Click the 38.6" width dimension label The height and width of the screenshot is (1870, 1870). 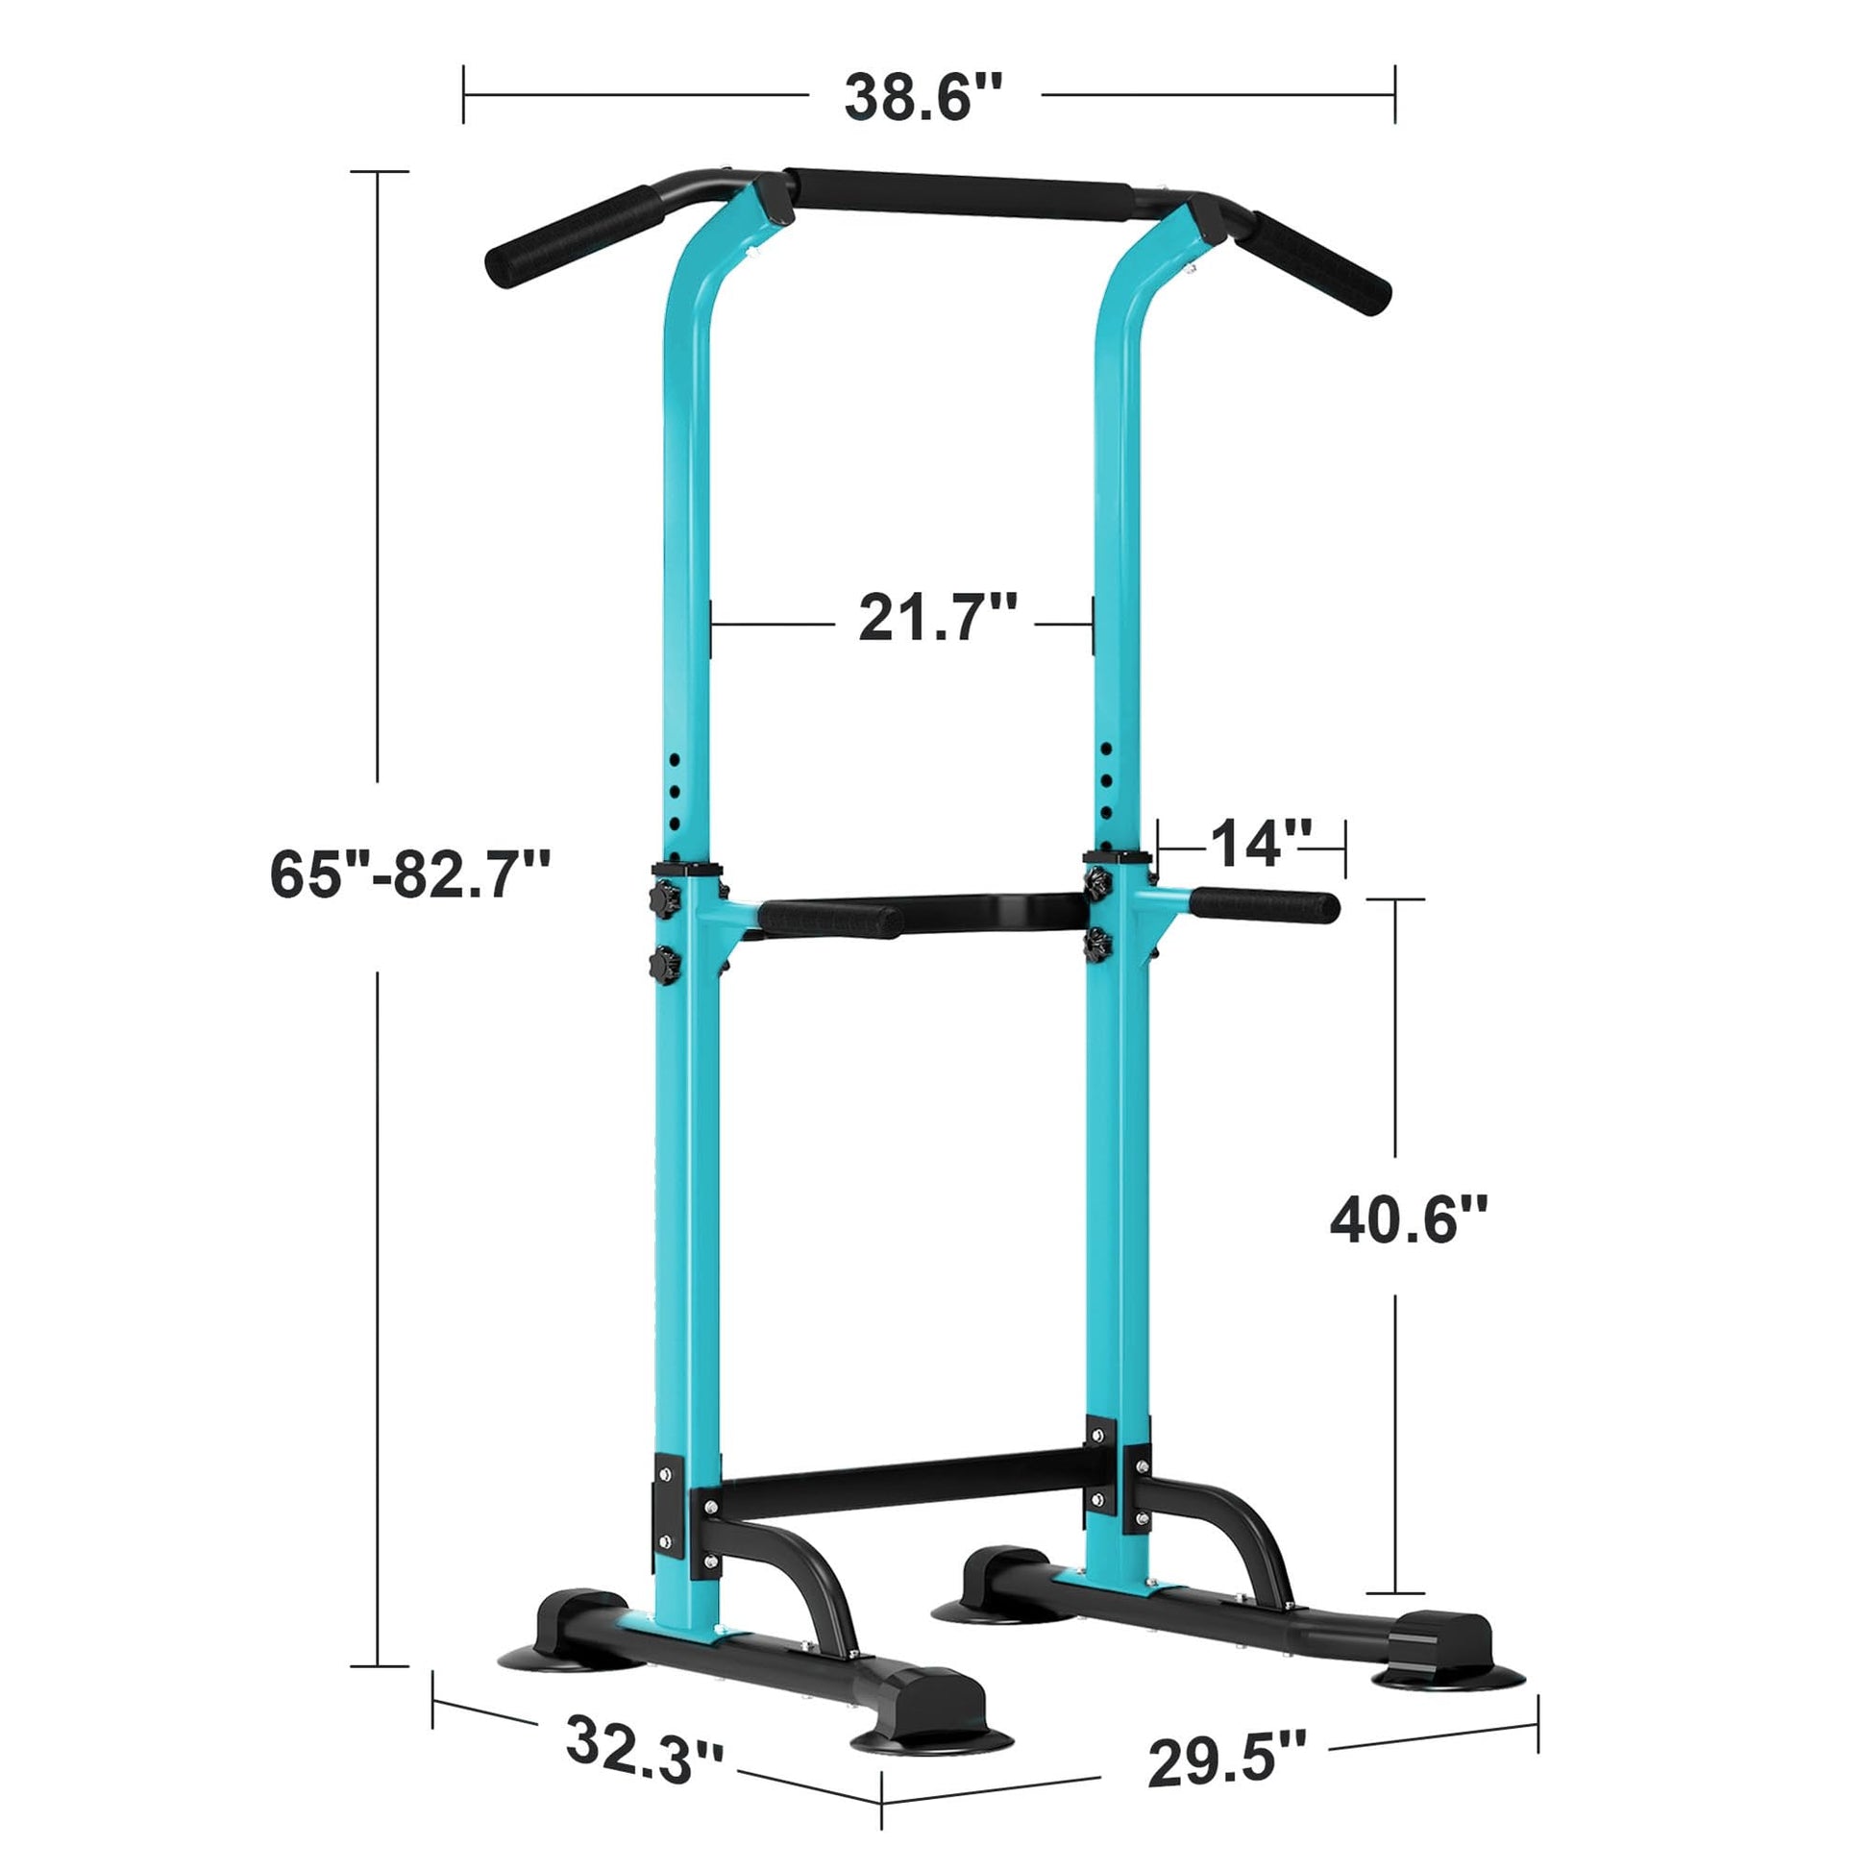click(923, 98)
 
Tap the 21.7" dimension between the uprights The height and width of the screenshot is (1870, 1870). click(937, 618)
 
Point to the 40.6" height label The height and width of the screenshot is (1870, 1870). click(1408, 1221)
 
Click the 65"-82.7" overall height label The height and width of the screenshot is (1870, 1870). click(410, 874)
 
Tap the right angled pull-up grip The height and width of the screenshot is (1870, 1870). click(1321, 261)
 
